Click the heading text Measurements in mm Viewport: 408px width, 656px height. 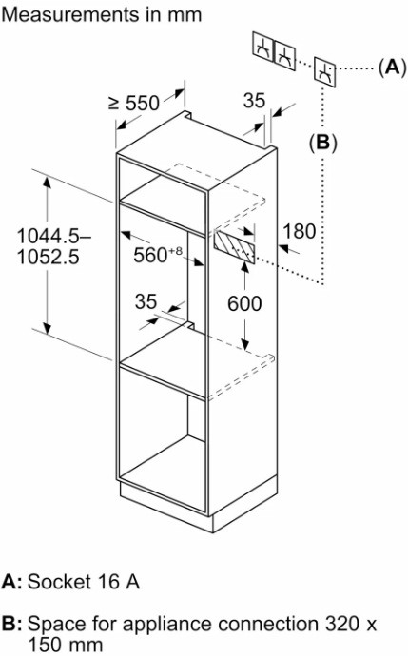pyautogui.click(x=102, y=15)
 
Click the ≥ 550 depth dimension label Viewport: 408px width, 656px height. pyautogui.click(x=134, y=103)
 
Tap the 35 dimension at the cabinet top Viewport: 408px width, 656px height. pyautogui.click(x=255, y=101)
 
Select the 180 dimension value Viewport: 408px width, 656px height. pyautogui.click(x=300, y=231)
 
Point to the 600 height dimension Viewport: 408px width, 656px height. pyautogui.click(x=244, y=303)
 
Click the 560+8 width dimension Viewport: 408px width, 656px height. pyautogui.click(x=158, y=255)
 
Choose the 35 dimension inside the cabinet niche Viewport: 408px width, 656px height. pyautogui.click(x=146, y=301)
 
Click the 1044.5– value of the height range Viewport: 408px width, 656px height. pyautogui.click(x=53, y=237)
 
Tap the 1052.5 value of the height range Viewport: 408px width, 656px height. pyautogui.click(x=48, y=257)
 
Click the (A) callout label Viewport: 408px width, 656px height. pyautogui.click(x=392, y=67)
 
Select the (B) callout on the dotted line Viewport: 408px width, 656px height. pyautogui.click(x=322, y=143)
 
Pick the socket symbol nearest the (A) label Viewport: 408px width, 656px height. pyautogui.click(x=324, y=72)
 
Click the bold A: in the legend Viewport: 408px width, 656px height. pyautogui.click(x=11, y=582)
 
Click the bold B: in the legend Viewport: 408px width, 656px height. pyautogui.click(x=11, y=624)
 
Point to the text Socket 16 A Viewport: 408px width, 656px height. pyautogui.click(x=84, y=582)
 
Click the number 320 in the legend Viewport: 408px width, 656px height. pyautogui.click(x=342, y=624)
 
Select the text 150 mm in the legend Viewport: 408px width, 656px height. pyautogui.click(x=65, y=644)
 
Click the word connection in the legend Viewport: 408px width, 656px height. pyautogui.click(x=268, y=624)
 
